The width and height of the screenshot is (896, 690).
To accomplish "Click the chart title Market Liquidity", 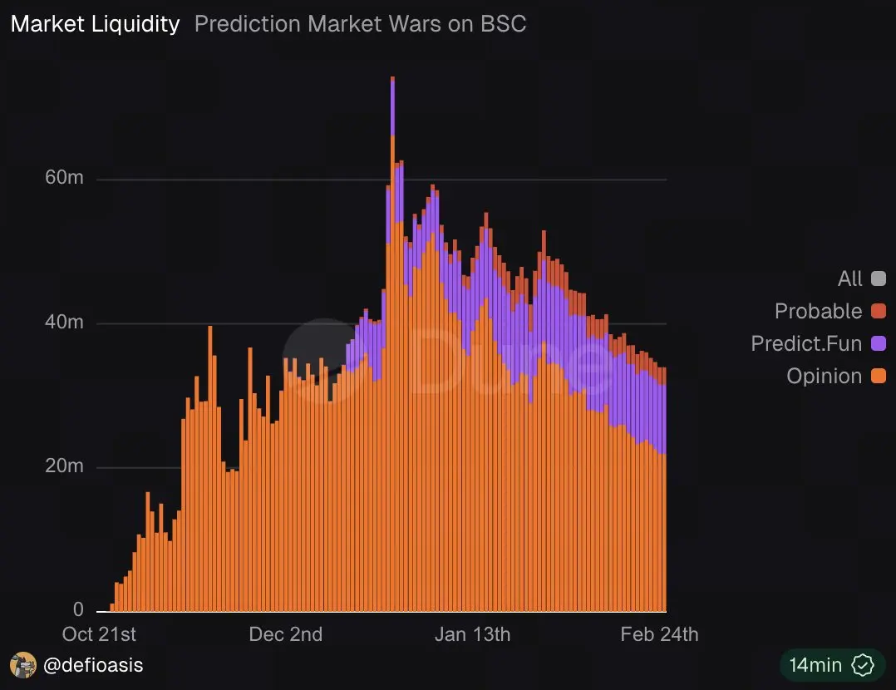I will click(95, 23).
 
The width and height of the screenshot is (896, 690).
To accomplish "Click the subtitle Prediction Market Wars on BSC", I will click(360, 23).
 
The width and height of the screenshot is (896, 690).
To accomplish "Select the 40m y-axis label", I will click(64, 322).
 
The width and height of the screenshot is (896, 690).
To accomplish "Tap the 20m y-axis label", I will click(64, 466).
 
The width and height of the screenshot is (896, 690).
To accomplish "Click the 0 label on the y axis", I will click(78, 609).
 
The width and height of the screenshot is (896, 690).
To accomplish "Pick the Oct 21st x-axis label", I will click(99, 634).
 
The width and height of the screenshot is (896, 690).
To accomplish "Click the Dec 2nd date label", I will click(285, 634).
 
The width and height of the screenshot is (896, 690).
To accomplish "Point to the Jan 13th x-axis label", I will click(472, 634).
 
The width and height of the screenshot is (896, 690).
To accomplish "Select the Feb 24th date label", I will click(659, 634).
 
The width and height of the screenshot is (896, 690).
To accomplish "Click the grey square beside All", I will click(878, 278).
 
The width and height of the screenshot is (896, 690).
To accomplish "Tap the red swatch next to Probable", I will click(878, 311).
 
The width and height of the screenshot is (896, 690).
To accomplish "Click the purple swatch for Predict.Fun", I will click(878, 343).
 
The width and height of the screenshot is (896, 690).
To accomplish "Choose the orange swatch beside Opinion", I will click(878, 376).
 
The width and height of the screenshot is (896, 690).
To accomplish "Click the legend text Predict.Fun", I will click(805, 343).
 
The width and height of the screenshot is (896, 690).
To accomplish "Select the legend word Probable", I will click(818, 311).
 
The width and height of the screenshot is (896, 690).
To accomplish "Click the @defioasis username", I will click(91, 665).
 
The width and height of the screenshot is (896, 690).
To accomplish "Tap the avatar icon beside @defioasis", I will click(22, 665).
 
